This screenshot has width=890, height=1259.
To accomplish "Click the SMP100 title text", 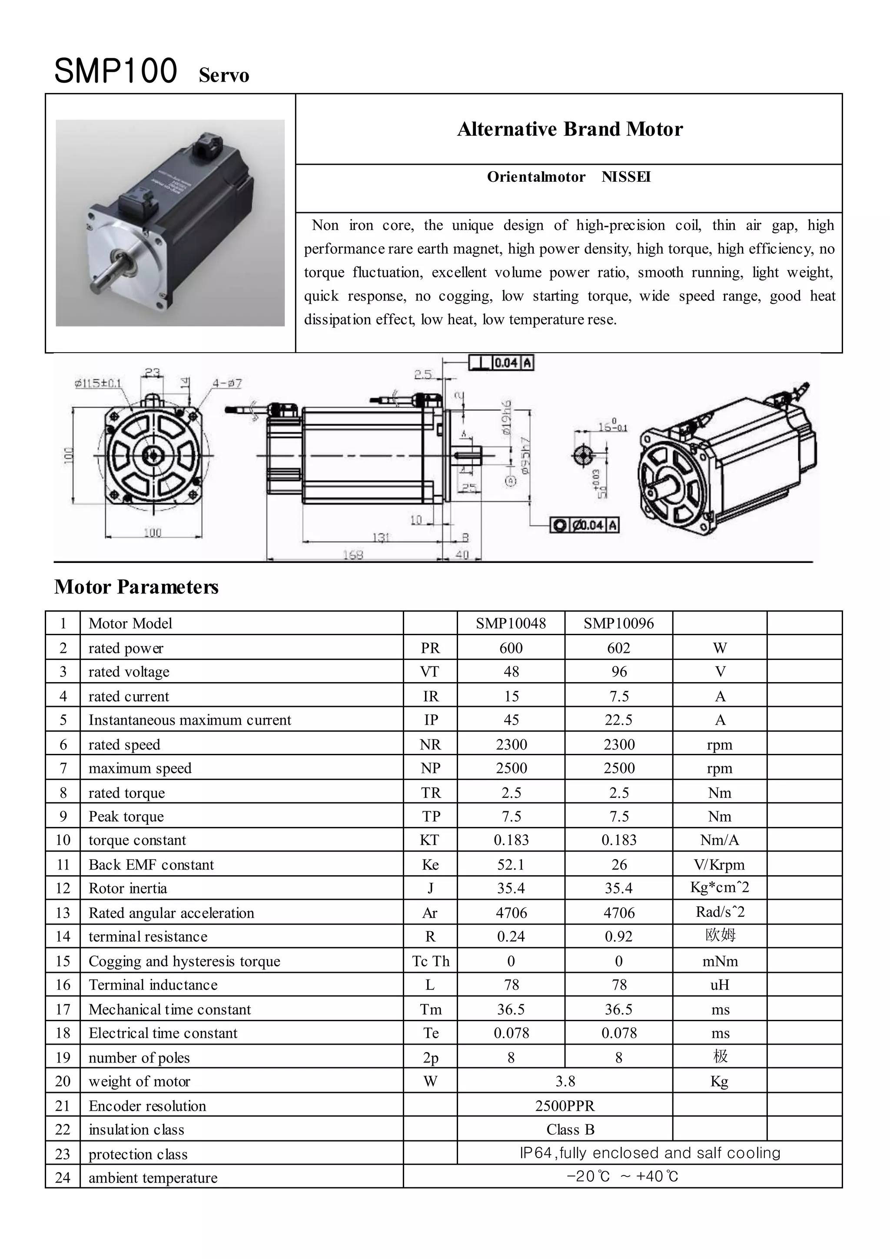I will pyautogui.click(x=116, y=71).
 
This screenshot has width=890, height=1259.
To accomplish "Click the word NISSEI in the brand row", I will pyautogui.click(x=626, y=177).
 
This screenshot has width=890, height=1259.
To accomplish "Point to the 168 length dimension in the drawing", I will pyautogui.click(x=352, y=555).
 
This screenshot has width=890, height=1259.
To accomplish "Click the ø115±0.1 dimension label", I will pyautogui.click(x=98, y=383).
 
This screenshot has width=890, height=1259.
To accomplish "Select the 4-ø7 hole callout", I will pyautogui.click(x=227, y=383).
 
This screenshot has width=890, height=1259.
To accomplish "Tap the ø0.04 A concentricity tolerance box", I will pyautogui.click(x=585, y=525).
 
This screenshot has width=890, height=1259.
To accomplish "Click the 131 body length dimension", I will pyautogui.click(x=380, y=537).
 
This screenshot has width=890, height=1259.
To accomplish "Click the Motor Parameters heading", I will pyautogui.click(x=136, y=587).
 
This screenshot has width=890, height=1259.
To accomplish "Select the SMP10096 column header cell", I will pyautogui.click(x=618, y=623).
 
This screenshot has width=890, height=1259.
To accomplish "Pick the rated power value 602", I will pyautogui.click(x=618, y=648).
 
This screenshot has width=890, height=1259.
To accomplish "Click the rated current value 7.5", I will pyautogui.click(x=619, y=696).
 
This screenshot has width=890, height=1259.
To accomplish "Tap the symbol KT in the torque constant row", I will pyautogui.click(x=430, y=840).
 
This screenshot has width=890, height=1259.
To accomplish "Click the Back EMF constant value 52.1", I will pyautogui.click(x=511, y=865).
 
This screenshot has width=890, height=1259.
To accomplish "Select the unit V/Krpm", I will pyautogui.click(x=719, y=865).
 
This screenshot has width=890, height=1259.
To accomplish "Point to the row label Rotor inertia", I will pyautogui.click(x=128, y=888).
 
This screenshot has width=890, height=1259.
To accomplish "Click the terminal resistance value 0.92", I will pyautogui.click(x=618, y=936).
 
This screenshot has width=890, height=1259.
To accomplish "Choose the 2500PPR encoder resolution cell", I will pyautogui.click(x=565, y=1106).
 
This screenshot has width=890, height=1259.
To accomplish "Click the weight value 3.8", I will pyautogui.click(x=565, y=1081).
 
